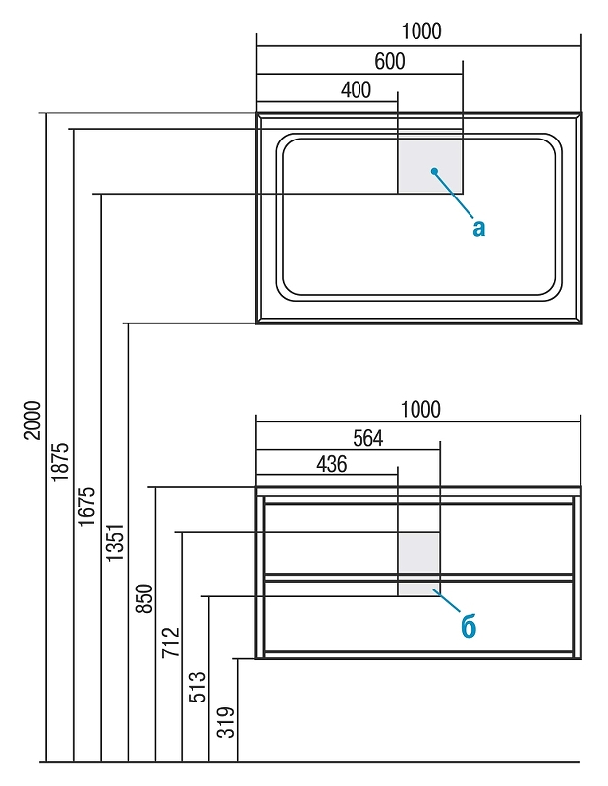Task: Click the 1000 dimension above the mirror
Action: coord(421,31)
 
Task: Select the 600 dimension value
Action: coord(389,61)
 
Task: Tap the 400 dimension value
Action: coord(356,90)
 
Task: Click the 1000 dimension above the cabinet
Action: coord(420,409)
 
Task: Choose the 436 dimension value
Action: coord(331,465)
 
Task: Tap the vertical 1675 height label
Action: coord(87,507)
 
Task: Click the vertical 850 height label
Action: coord(142,599)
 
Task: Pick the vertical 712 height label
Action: coord(169,643)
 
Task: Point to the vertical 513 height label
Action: coord(196,686)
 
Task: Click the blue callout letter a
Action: coord(478,228)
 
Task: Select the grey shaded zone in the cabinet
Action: coord(418,564)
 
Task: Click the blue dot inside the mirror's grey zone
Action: coord(433,172)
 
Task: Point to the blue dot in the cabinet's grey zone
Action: coord(433,590)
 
